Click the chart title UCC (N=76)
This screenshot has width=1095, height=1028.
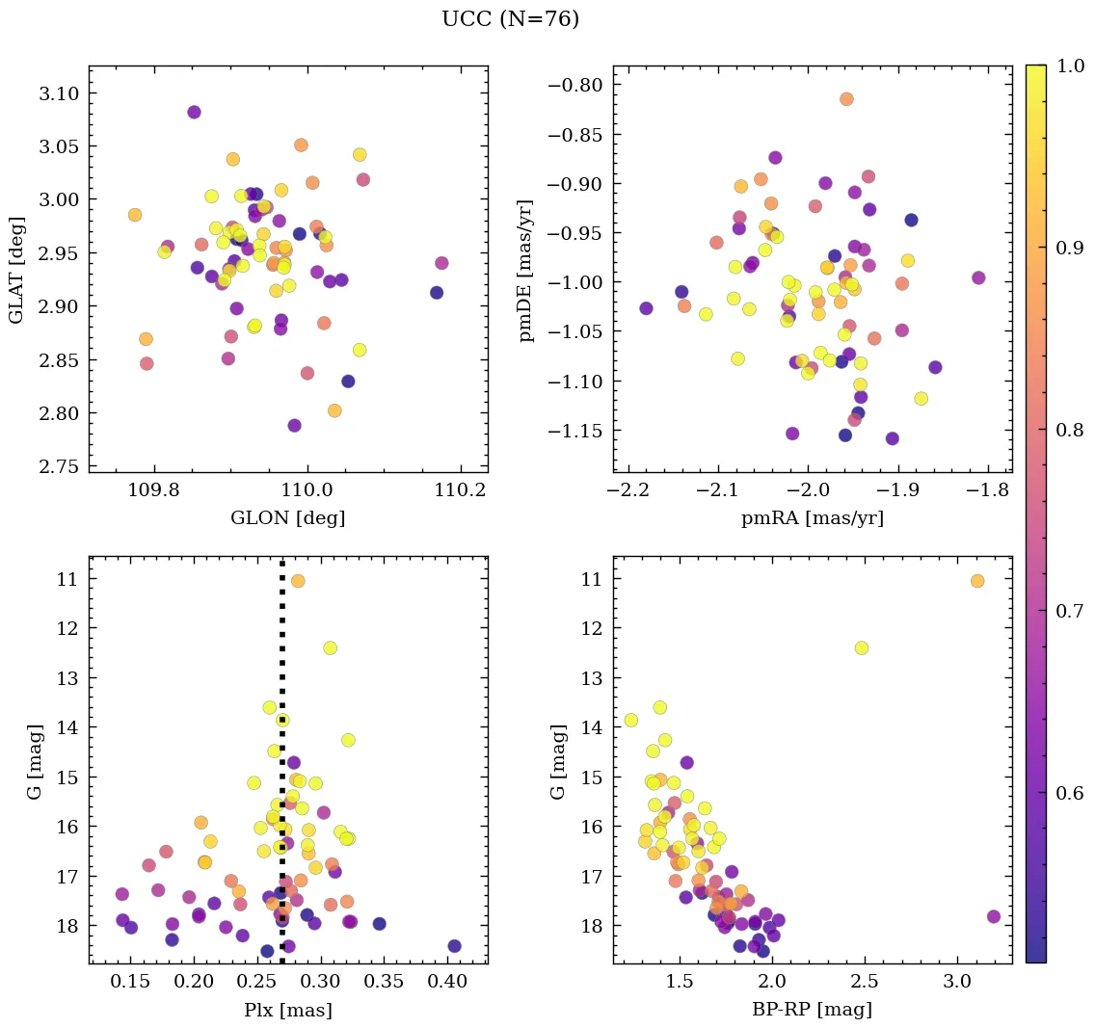[x=510, y=19]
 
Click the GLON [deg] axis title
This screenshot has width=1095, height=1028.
[x=287, y=518]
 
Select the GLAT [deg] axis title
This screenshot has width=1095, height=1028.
[x=16, y=269]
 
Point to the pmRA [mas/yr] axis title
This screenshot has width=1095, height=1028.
[x=812, y=518]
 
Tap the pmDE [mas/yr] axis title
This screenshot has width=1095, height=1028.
[x=526, y=269]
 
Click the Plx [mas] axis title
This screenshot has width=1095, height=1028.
[x=287, y=1010]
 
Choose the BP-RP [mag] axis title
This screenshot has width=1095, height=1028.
[x=812, y=1010]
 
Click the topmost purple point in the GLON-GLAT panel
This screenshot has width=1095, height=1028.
[x=194, y=112]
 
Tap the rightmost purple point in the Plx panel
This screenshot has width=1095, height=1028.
[x=454, y=946]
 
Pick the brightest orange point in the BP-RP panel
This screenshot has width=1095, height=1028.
[x=977, y=581]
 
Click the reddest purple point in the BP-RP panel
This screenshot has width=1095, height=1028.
[x=994, y=916]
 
